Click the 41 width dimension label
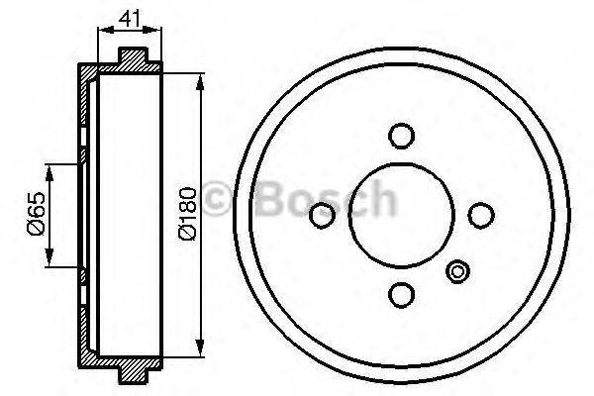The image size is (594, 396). coord(127,17)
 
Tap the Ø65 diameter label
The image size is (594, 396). coord(36,215)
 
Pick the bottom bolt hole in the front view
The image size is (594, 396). coord(401,294)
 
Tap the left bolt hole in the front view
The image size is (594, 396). coord(322,215)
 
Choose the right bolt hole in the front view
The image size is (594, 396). coord(480,215)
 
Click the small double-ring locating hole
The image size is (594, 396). coord(457,271)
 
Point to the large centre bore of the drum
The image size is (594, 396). coord(401,215)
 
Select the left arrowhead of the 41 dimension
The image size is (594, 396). coord(101,32)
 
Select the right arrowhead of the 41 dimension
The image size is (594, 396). coord(158,32)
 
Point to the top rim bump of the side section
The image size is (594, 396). coord(139,54)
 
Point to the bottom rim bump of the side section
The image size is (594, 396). coord(139,374)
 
